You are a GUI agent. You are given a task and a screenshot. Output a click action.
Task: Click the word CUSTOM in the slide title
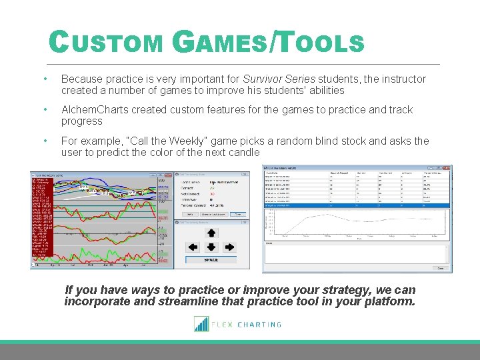coord(107,44)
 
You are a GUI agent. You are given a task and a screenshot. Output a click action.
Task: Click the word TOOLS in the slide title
coord(319,44)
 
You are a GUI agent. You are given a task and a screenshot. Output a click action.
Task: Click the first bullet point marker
coord(44,79)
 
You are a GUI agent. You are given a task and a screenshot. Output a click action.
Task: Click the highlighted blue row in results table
coord(357,205)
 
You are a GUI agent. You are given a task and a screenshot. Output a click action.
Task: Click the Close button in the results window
coord(440,268)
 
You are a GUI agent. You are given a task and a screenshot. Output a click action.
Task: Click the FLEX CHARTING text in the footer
coord(248,325)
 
